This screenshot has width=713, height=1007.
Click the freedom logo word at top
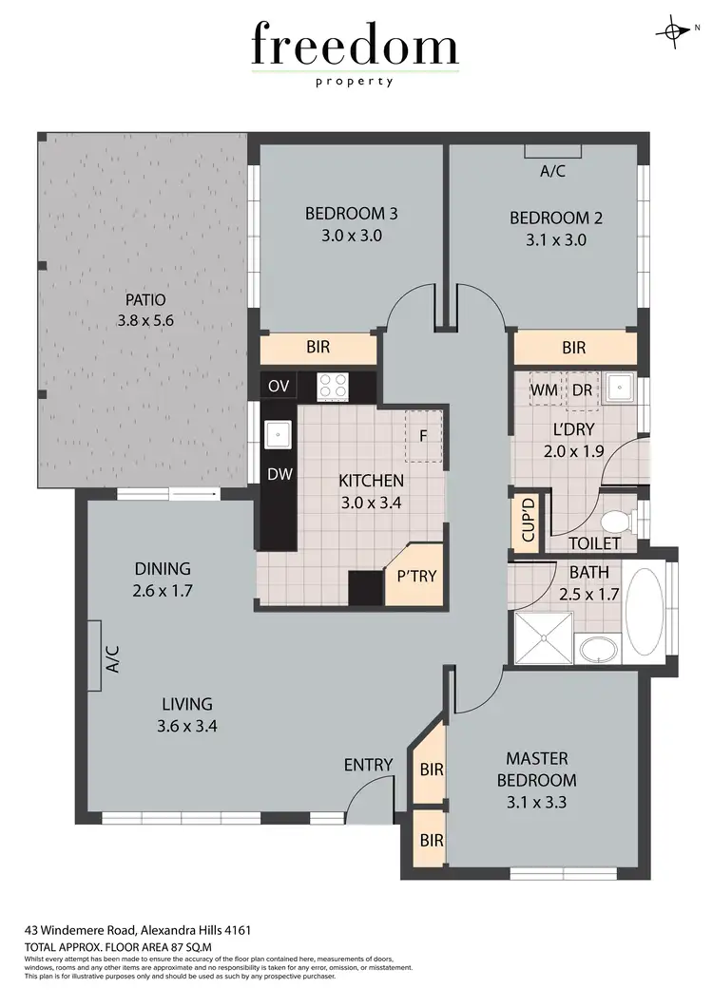(x=355, y=45)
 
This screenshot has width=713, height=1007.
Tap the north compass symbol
(x=674, y=31)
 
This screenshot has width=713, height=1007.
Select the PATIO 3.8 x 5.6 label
(x=145, y=311)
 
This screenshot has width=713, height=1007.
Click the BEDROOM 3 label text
(x=351, y=214)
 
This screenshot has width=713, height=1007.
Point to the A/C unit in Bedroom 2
(x=552, y=152)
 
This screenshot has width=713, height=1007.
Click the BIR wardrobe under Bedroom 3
(x=318, y=348)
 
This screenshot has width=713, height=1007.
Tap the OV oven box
(x=279, y=386)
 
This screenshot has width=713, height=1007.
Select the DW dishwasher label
(x=279, y=474)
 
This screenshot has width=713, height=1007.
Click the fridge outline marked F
(x=423, y=436)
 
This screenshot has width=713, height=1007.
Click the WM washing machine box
(x=544, y=389)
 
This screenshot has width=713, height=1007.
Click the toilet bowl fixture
(x=617, y=521)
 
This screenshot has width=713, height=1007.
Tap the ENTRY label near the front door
(x=368, y=765)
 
